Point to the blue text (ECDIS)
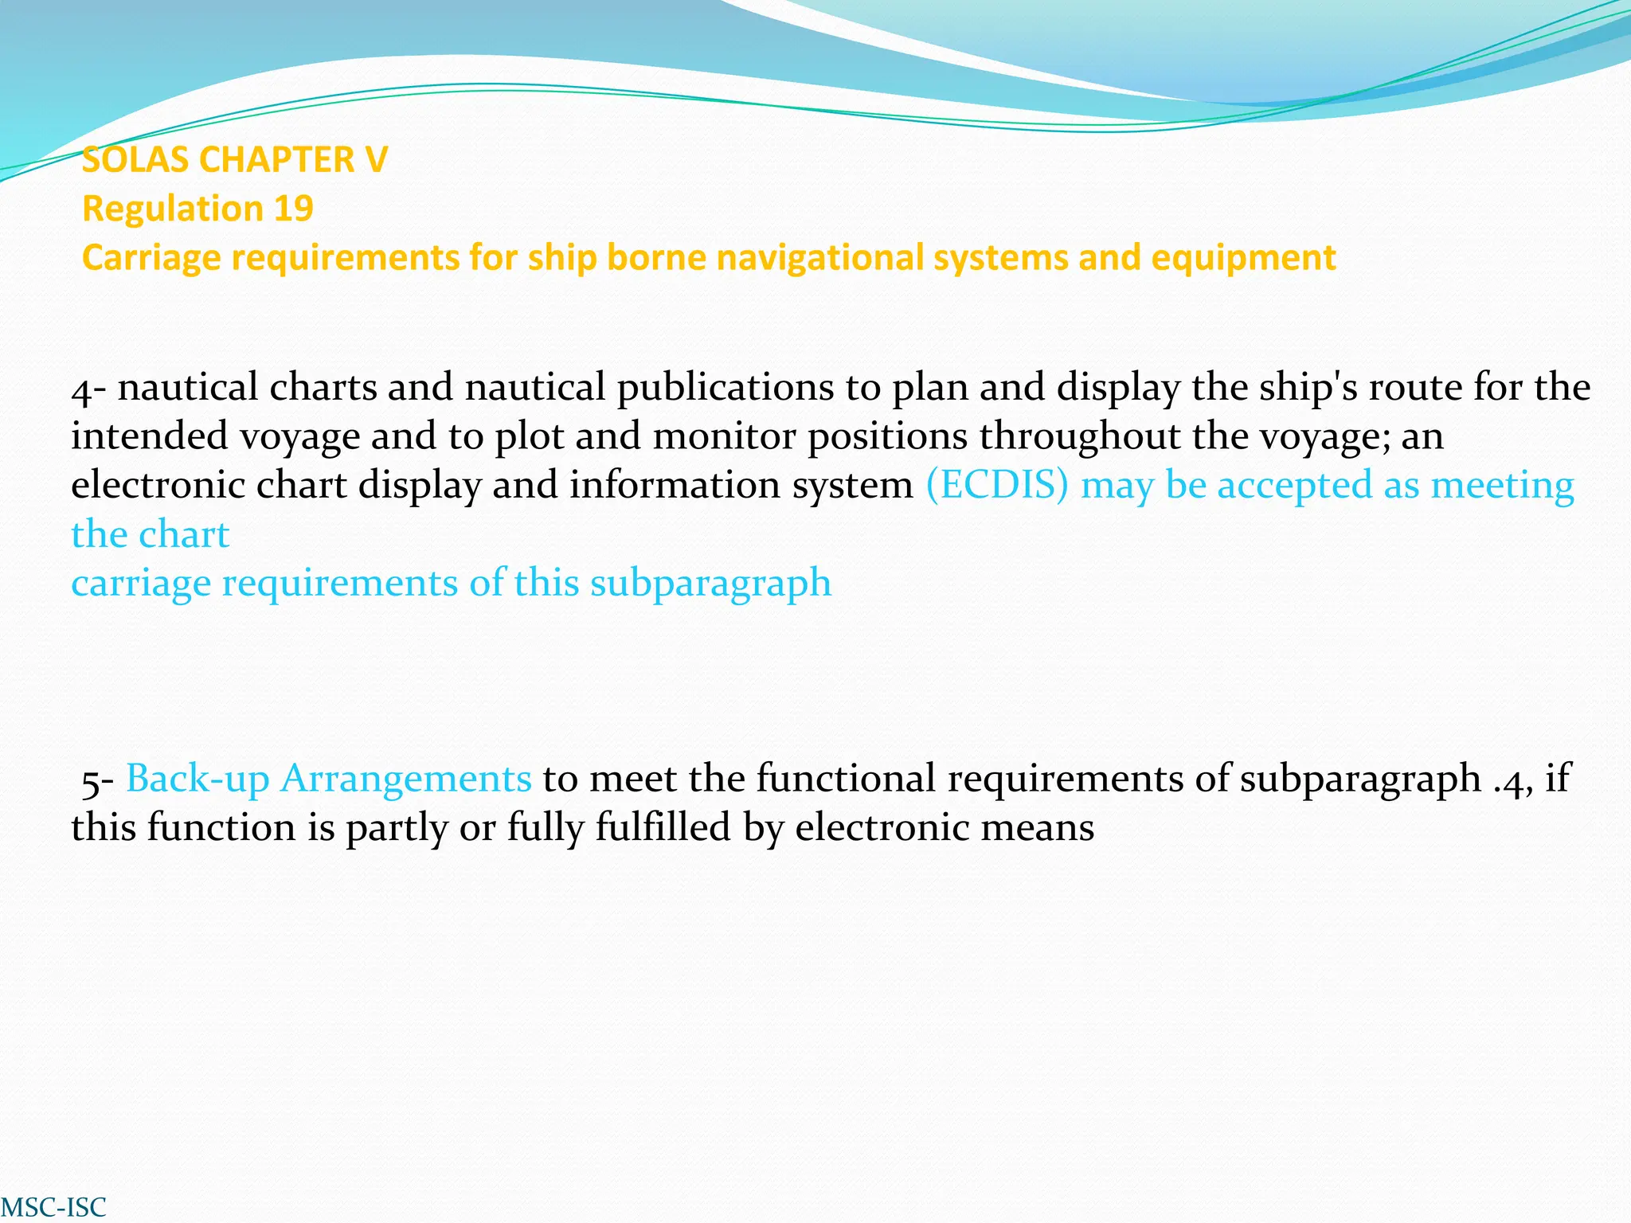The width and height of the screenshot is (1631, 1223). click(996, 485)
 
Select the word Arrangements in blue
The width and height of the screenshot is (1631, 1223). click(405, 779)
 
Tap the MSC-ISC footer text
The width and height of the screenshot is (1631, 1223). click(53, 1206)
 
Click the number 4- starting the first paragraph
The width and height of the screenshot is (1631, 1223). click(88, 389)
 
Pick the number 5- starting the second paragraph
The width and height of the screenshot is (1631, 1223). click(100, 780)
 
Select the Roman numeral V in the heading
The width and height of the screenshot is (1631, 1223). click(376, 160)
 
